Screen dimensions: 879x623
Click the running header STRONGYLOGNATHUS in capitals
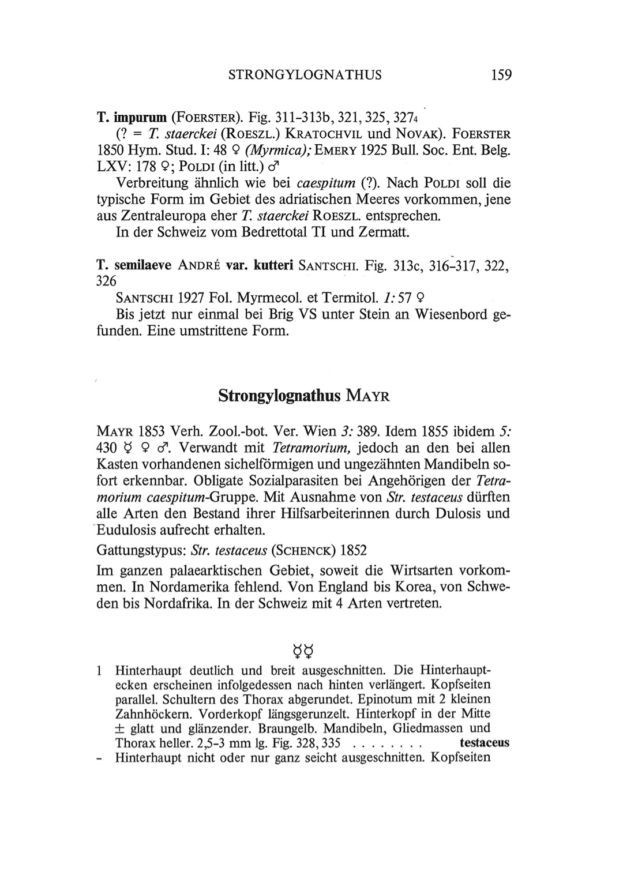(x=305, y=75)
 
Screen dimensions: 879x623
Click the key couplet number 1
(x=100, y=671)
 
